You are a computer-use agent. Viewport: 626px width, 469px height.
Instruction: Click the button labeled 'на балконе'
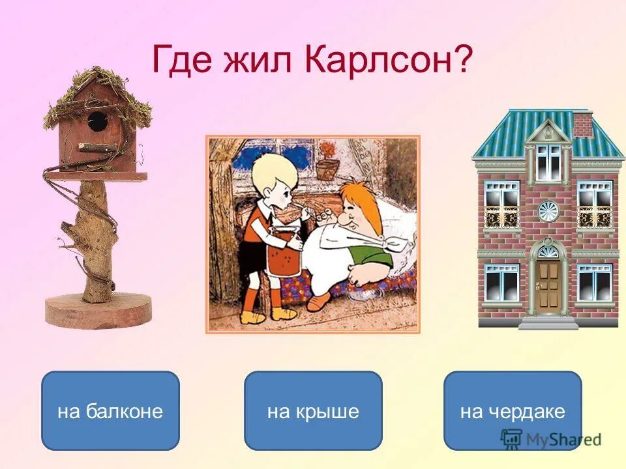click(110, 411)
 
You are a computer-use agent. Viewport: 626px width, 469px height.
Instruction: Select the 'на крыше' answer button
click(313, 411)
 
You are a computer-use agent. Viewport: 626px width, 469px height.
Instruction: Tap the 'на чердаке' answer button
click(513, 411)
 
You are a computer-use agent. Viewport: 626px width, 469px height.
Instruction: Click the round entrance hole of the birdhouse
click(97, 120)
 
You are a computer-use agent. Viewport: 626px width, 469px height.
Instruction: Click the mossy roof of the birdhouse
click(98, 91)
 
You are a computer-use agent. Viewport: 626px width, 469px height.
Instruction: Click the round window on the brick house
click(548, 210)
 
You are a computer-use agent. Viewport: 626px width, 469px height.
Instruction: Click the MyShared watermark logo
click(551, 439)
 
